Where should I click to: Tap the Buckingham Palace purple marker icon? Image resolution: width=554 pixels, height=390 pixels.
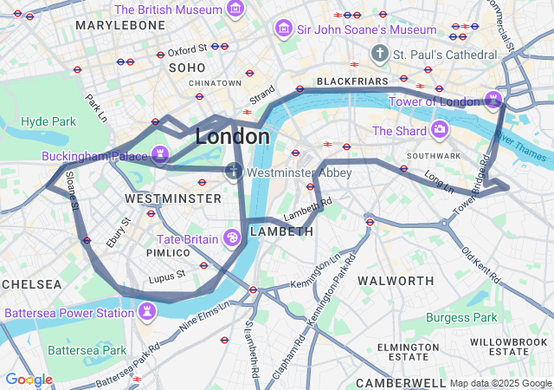click(x=160, y=154)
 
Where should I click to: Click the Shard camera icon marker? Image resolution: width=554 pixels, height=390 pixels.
click(x=440, y=130)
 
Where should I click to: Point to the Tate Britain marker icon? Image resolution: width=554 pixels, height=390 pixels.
click(x=232, y=237)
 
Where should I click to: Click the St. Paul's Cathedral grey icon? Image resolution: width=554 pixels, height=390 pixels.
click(x=379, y=54)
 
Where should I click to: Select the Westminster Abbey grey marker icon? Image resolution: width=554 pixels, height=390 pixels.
click(x=234, y=171)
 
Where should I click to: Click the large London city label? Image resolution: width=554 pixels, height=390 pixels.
click(x=232, y=137)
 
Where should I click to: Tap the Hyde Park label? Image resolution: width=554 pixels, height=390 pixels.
click(x=48, y=121)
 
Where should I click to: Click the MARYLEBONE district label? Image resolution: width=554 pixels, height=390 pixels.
click(x=119, y=25)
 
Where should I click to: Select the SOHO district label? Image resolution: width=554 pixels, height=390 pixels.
click(x=187, y=67)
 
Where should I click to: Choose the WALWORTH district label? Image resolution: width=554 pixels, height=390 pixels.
click(x=396, y=281)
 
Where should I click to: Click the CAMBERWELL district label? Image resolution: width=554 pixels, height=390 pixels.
click(x=397, y=381)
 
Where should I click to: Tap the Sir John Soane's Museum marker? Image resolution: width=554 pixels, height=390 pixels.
click(x=283, y=29)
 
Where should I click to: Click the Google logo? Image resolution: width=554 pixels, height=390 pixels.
click(x=29, y=380)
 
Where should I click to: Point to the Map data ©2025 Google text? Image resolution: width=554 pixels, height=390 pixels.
click(x=499, y=383)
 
